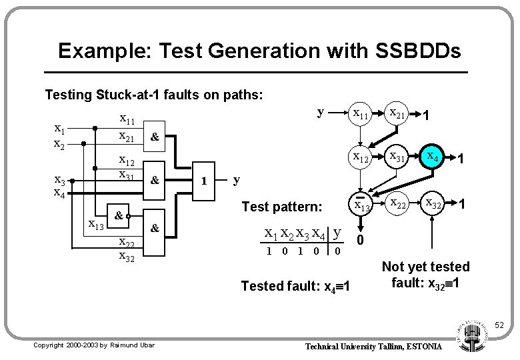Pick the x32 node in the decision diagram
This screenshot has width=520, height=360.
click(437, 204)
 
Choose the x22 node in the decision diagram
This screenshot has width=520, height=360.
click(399, 204)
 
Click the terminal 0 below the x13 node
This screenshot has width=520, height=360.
click(361, 239)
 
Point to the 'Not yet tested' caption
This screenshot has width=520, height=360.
click(425, 267)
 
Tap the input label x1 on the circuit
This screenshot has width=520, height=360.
click(59, 129)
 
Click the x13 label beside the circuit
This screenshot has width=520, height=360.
click(98, 224)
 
